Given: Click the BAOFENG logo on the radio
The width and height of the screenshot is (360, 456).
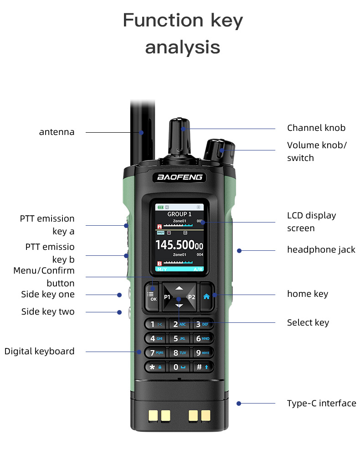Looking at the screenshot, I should [x=180, y=177].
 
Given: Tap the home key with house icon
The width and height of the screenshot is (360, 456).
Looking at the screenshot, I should [x=206, y=296].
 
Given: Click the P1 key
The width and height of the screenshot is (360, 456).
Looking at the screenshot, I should [x=167, y=297].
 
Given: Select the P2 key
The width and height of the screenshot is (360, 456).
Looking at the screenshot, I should [x=191, y=297].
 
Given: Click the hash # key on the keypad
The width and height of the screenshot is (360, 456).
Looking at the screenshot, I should [x=202, y=367].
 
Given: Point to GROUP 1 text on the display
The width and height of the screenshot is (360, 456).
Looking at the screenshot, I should [x=179, y=214].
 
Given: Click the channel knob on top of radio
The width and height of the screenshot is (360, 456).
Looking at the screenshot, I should [x=181, y=137].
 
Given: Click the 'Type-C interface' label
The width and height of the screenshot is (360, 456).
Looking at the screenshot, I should [x=321, y=403].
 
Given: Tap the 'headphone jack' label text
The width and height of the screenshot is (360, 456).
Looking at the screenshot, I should [x=321, y=249].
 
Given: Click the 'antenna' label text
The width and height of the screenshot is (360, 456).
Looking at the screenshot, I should [x=57, y=132].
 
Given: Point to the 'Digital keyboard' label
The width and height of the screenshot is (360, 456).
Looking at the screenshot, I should [x=39, y=351].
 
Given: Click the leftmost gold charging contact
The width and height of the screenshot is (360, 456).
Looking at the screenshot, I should [x=153, y=415].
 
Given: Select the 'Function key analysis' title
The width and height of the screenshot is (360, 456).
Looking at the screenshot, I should [x=183, y=34].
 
